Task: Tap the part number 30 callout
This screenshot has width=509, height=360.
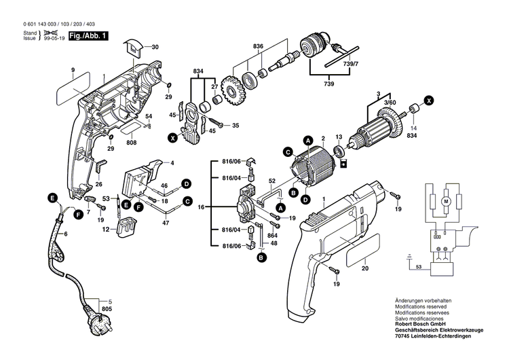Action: click(155, 47)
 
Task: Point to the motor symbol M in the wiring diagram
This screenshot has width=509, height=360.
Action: click(446, 202)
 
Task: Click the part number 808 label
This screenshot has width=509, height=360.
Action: click(131, 142)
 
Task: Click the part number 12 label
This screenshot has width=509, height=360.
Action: click(105, 231)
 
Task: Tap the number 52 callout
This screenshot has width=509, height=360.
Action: click(271, 180)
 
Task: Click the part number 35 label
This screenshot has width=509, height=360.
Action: click(236, 126)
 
